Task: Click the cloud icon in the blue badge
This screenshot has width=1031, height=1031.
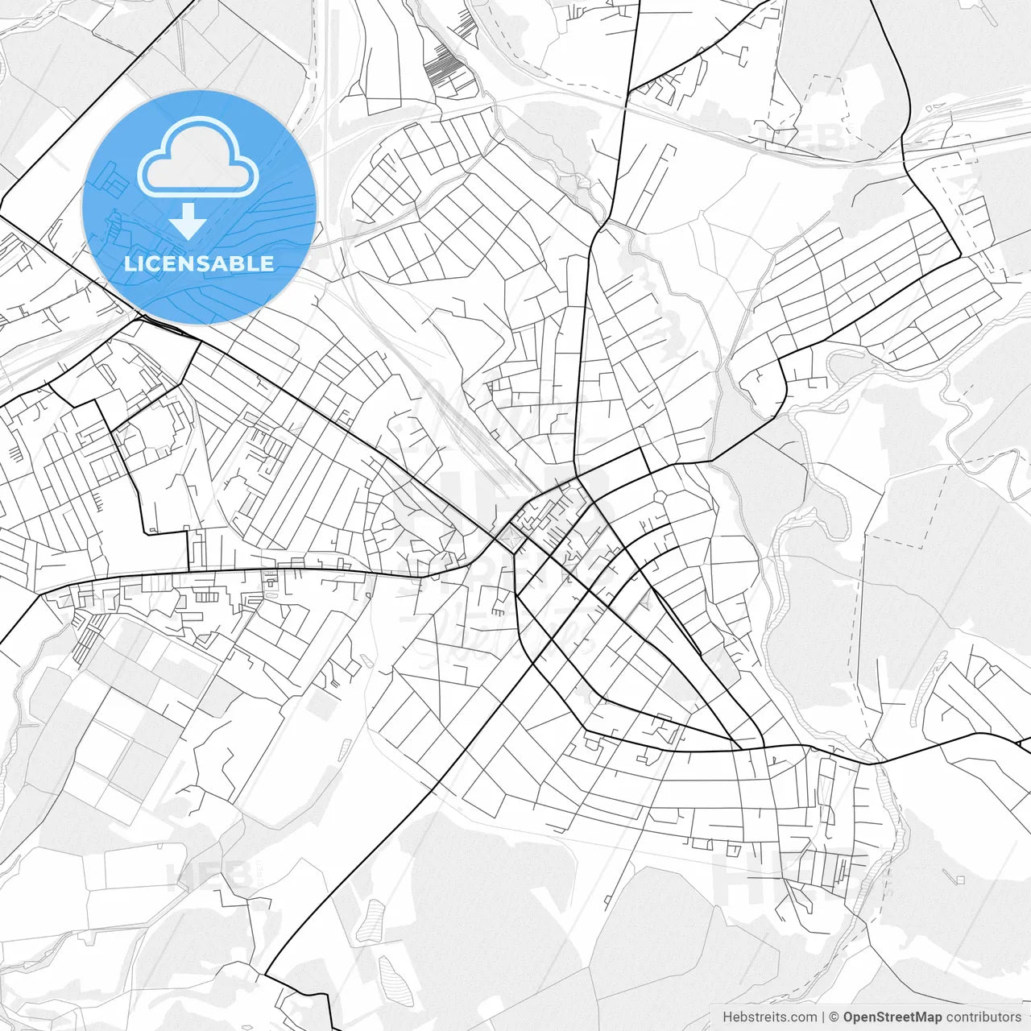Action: (198, 156)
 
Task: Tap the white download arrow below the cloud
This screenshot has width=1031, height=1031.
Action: (188, 222)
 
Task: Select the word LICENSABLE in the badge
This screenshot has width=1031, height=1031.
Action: (199, 263)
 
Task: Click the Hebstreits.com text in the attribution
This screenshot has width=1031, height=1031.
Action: (769, 1017)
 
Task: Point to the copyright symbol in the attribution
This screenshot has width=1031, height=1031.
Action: (834, 1017)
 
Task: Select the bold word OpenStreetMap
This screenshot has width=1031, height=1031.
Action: (892, 1017)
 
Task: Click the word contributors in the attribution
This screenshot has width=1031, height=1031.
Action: (983, 1017)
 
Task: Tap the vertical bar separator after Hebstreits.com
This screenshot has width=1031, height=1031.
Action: (823, 1017)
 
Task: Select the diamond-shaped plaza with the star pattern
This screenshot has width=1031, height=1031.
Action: (508, 536)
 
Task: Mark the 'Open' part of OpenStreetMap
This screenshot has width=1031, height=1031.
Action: (859, 1017)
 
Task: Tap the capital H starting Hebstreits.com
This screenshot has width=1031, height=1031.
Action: (727, 1017)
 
